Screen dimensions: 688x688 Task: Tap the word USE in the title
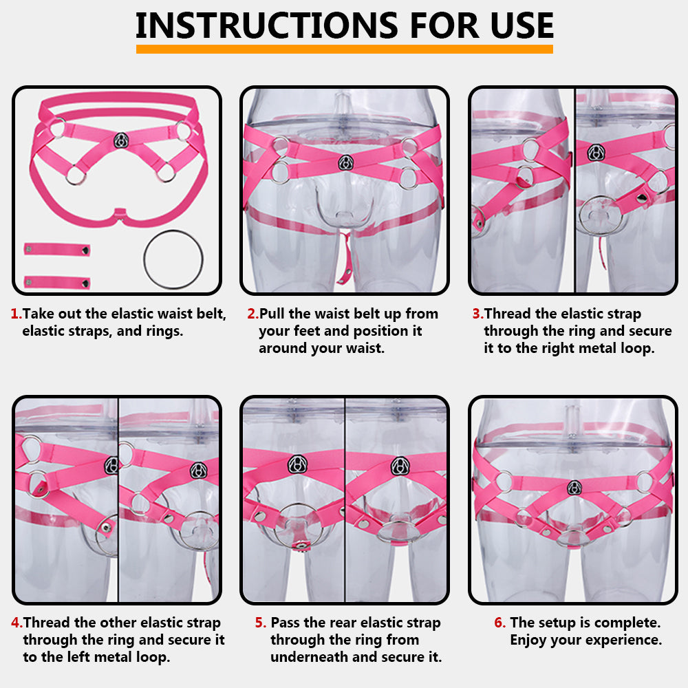(x=522, y=25)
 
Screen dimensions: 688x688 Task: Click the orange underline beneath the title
(x=345, y=49)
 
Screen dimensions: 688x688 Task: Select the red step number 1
(x=16, y=314)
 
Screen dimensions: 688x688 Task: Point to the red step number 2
(x=252, y=314)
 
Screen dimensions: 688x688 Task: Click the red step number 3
(x=477, y=314)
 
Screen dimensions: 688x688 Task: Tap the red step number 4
(x=17, y=623)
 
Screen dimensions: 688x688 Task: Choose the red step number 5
(x=260, y=623)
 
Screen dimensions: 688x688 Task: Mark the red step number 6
(x=499, y=623)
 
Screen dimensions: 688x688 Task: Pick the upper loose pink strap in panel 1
(x=57, y=250)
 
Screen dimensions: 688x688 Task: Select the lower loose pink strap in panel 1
(x=57, y=283)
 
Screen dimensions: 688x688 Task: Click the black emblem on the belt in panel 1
(x=121, y=140)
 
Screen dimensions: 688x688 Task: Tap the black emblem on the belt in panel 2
(x=346, y=163)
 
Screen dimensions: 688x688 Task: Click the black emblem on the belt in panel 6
(x=574, y=488)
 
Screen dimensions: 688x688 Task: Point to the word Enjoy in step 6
(x=528, y=640)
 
